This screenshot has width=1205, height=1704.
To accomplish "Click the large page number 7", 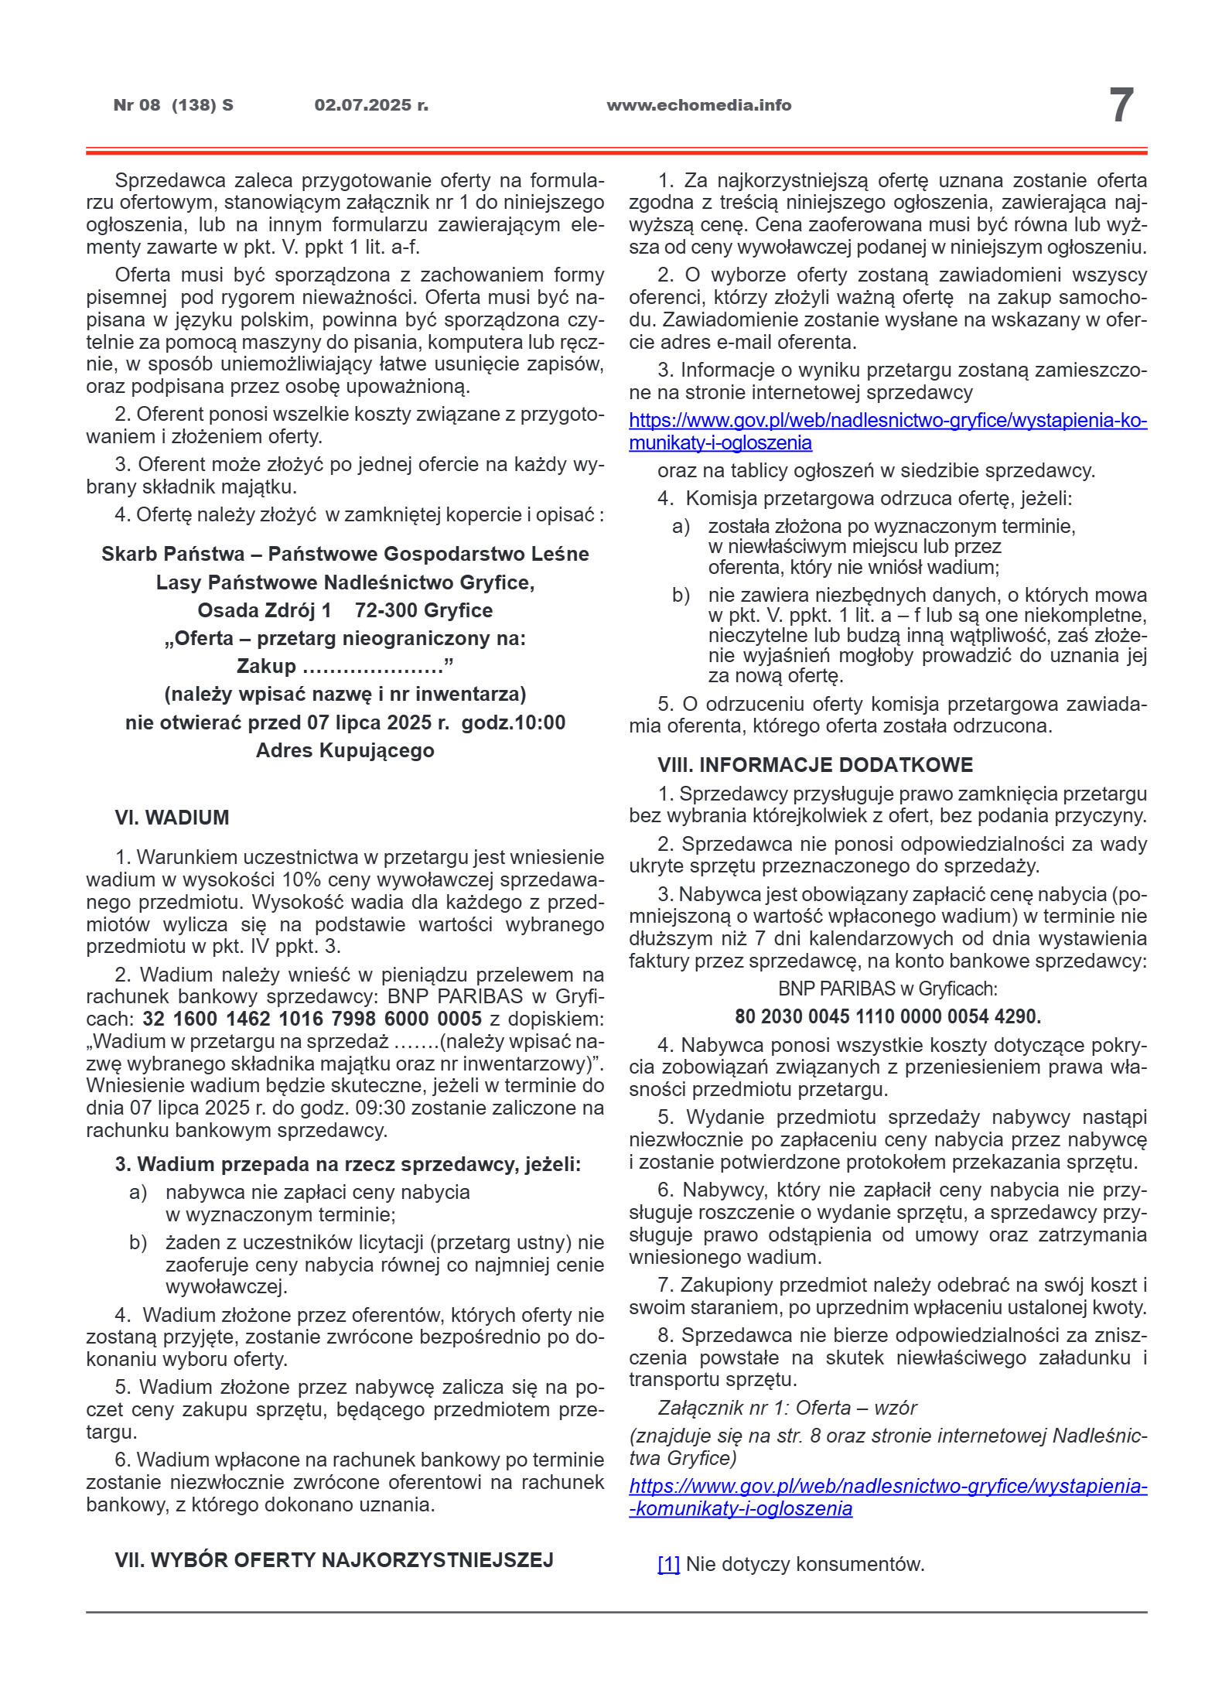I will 1121,105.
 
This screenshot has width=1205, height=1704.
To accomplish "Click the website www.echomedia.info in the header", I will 698,105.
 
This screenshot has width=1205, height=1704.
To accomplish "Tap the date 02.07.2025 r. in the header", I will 371,105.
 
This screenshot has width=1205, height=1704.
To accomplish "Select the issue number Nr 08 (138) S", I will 173,105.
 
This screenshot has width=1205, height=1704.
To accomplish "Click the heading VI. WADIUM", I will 172,818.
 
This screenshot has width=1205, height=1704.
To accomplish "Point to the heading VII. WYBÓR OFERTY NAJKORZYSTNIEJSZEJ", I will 334,1560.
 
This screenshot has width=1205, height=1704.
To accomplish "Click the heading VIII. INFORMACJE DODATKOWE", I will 815,765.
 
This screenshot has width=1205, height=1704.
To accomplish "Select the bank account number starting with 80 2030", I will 887,1016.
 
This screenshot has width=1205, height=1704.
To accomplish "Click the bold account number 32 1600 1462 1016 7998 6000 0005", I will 312,1019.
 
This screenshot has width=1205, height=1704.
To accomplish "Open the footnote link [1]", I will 668,1564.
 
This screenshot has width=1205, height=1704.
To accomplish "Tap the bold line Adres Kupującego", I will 345,750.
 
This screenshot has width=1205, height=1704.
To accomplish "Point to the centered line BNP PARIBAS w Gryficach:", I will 887,989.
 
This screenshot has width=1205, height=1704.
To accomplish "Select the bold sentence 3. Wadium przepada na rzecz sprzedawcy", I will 347,1164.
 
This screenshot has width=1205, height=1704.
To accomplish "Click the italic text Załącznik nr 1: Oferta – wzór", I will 787,1408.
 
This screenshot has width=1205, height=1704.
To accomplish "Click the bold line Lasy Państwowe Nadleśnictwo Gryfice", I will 345,582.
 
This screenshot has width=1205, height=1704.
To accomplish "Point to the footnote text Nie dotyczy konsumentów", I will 805,1564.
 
